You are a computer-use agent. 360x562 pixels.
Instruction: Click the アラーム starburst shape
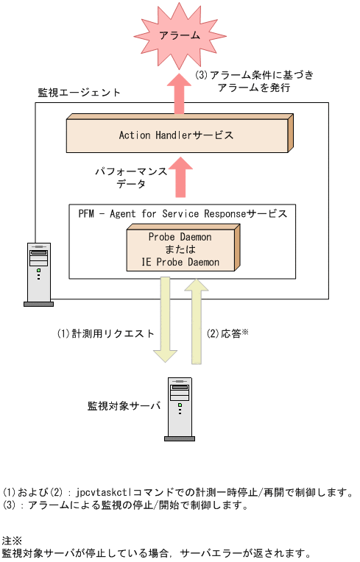click(179, 35)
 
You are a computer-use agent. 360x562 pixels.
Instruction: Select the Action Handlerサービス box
click(177, 135)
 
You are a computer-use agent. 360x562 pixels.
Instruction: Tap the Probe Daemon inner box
click(180, 250)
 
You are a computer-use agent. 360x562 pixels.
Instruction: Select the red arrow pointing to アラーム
click(179, 93)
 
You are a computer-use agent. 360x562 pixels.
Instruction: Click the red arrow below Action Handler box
click(179, 177)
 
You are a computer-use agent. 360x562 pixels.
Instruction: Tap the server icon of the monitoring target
click(179, 409)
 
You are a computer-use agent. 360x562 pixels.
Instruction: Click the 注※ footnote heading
click(13, 540)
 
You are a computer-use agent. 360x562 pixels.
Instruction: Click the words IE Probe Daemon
click(180, 262)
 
